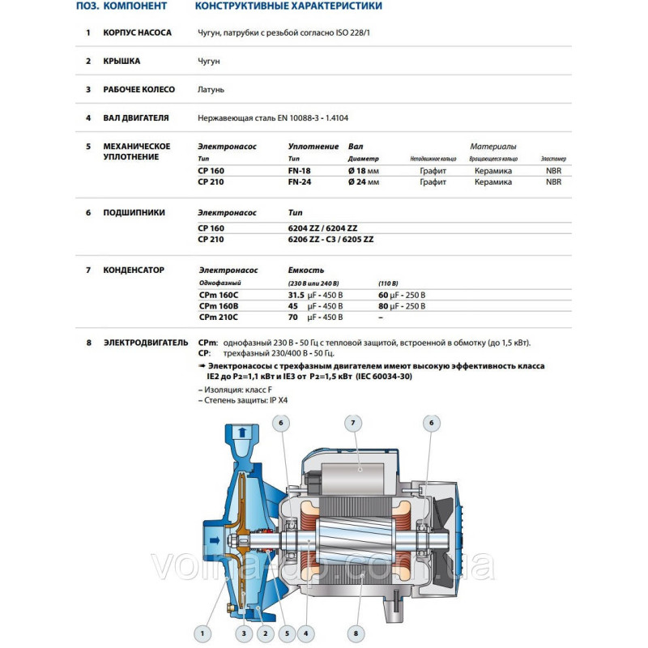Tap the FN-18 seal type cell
(x=300, y=171)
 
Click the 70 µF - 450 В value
(x=316, y=318)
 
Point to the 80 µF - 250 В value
(x=402, y=306)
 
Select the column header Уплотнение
(x=313, y=147)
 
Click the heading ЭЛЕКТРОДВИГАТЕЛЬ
(x=145, y=343)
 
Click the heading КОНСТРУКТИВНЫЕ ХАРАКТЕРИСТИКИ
(x=288, y=6)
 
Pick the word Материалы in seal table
(x=493, y=147)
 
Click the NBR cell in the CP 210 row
(x=554, y=182)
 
